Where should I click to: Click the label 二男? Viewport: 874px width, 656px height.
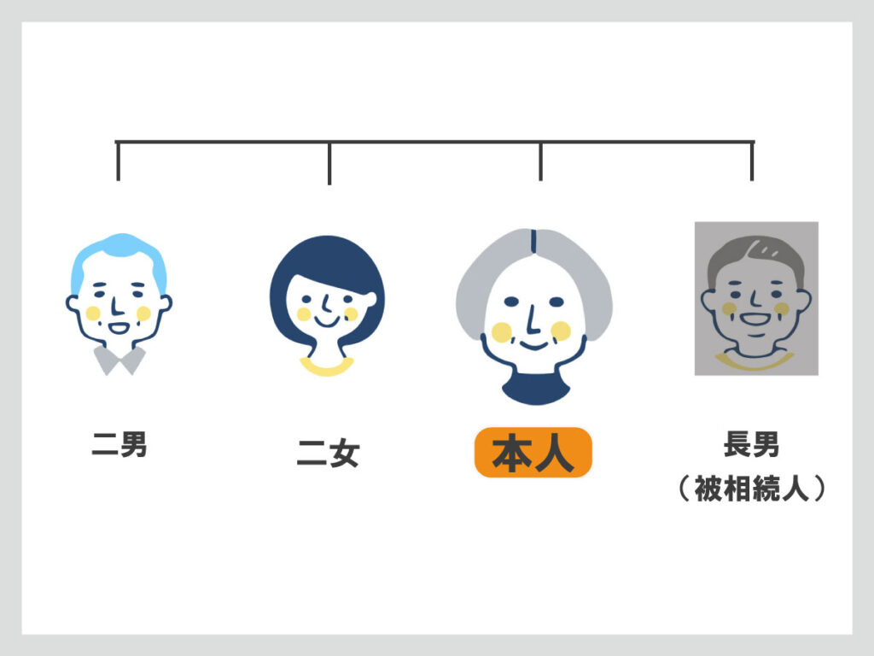[x=119, y=444]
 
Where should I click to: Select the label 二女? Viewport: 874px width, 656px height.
[x=328, y=453]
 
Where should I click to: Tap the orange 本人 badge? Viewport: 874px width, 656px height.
[x=533, y=453]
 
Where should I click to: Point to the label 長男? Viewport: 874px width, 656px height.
[x=751, y=444]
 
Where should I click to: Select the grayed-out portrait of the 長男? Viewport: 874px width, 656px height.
[x=756, y=299]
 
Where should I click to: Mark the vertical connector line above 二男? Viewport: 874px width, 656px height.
[x=118, y=161]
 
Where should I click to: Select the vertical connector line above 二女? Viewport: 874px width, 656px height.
[x=329, y=163]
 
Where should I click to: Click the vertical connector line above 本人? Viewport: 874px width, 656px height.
[x=540, y=161]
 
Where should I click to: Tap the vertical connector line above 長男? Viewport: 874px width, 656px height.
[x=752, y=161]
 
